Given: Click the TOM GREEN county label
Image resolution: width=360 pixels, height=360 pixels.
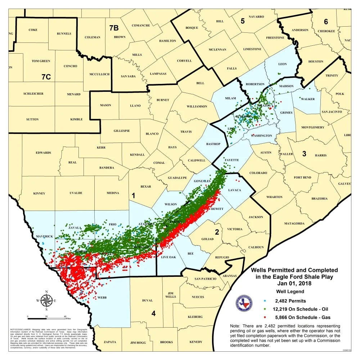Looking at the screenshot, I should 41,61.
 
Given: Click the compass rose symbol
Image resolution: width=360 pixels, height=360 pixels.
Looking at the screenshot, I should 46,300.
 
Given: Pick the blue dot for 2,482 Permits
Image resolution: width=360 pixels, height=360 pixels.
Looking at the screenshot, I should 265,300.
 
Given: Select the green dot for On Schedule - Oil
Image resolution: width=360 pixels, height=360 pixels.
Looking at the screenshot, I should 265,309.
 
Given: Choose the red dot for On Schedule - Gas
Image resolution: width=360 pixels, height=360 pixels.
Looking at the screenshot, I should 265,318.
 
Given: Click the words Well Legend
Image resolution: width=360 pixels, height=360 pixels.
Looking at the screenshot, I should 290,292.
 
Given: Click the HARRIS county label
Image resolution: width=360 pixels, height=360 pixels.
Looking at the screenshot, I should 320,156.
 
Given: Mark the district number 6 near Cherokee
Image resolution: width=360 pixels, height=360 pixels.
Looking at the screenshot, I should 326,22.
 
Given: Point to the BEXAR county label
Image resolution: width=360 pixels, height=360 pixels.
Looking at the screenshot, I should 146,186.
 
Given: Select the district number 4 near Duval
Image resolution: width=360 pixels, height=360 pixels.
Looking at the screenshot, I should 153,314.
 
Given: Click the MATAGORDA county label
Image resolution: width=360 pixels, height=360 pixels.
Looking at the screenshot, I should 294,224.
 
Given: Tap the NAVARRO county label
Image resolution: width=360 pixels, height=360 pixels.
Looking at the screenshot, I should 256,17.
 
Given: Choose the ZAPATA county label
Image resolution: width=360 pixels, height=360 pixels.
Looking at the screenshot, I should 109,341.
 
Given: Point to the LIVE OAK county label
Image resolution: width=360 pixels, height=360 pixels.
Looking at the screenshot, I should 168,257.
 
